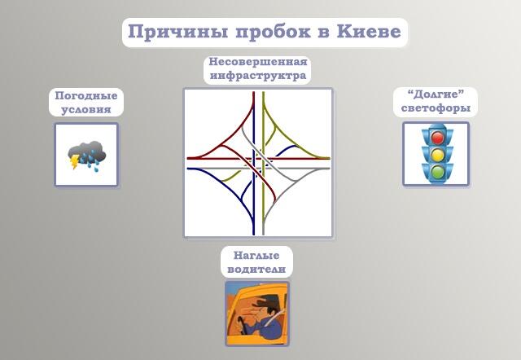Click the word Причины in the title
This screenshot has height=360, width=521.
(x=178, y=33)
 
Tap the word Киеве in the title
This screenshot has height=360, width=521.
(x=369, y=32)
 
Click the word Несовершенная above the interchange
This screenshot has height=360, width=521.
(x=258, y=62)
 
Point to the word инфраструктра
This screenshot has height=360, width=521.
(x=258, y=76)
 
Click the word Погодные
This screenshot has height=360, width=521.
(x=86, y=96)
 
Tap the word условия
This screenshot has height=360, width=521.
(x=86, y=109)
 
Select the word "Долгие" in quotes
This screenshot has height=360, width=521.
(x=436, y=94)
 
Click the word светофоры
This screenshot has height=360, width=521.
(x=436, y=108)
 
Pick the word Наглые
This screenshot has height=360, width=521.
(x=256, y=255)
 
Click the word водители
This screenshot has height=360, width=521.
(x=256, y=269)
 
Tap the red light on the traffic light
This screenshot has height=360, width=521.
(x=438, y=138)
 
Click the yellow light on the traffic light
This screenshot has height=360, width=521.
(x=438, y=155)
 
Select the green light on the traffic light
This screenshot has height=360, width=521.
(x=438, y=171)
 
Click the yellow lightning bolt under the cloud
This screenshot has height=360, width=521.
(x=75, y=161)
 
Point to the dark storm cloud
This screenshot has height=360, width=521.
(x=87, y=152)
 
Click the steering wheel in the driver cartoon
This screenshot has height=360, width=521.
(x=241, y=324)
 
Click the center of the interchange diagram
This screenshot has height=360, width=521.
(x=259, y=163)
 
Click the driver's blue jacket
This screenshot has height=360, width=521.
(x=270, y=328)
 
